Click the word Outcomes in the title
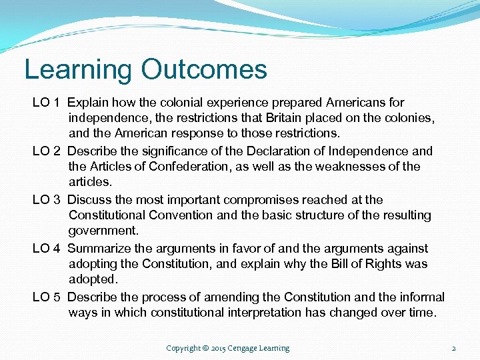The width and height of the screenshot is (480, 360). point(204,69)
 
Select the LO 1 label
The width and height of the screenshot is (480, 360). point(47,103)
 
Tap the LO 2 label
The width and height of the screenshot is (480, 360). point(47,151)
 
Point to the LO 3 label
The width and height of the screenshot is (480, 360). point(47,199)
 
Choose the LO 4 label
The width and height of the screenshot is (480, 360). point(47,248)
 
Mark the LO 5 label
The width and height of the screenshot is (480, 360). point(47,297)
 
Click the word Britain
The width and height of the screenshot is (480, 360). point(267,119)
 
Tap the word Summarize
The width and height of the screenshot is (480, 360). point(99,248)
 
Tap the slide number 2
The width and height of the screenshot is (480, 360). point(453,348)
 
